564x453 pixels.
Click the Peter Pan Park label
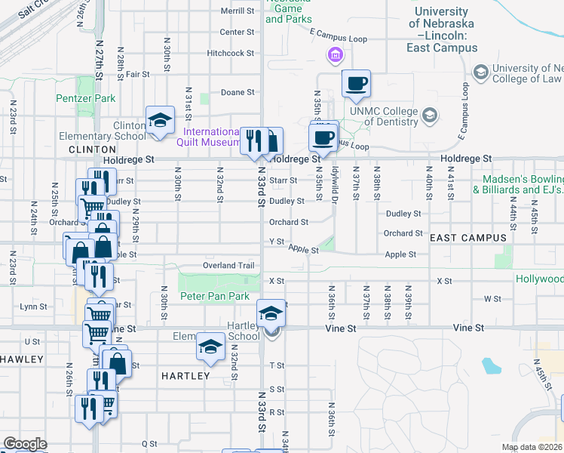(x=214, y=296)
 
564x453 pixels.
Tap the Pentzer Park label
(x=86, y=98)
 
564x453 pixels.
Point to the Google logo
(x=25, y=444)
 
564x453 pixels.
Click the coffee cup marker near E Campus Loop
(x=356, y=83)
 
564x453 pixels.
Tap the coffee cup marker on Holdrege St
(x=323, y=137)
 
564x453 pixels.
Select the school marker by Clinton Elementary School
(x=160, y=120)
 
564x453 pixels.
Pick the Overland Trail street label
(x=230, y=266)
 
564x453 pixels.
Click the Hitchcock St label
(x=231, y=54)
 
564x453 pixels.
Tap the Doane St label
(x=238, y=93)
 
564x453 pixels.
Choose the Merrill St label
(x=238, y=12)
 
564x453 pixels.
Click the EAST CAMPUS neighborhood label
(x=467, y=238)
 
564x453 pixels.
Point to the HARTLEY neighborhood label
(x=185, y=375)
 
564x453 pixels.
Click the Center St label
(x=237, y=32)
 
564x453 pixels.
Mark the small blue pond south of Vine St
(x=492, y=367)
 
